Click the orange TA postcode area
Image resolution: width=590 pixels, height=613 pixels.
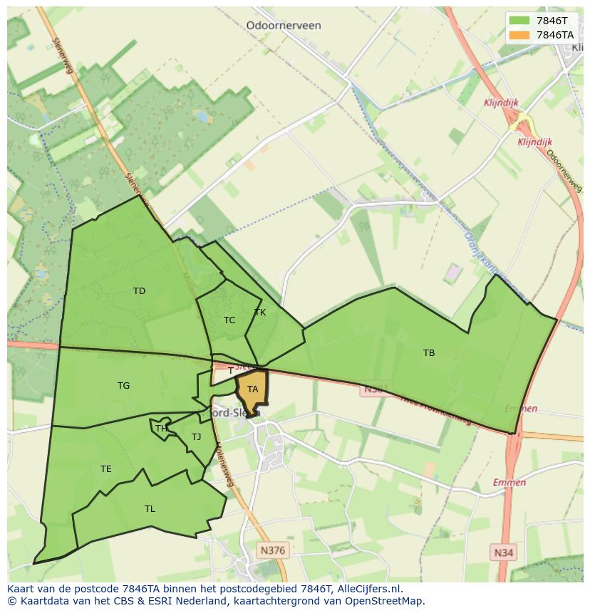(x=253, y=389)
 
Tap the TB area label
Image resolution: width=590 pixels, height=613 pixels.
(x=428, y=353)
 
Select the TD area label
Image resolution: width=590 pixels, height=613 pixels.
(x=139, y=290)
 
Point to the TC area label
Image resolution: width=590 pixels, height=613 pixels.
(x=229, y=320)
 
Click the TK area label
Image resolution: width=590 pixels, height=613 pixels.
(x=259, y=313)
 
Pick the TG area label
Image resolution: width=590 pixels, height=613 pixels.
(x=123, y=386)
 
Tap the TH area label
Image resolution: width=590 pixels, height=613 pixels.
(x=161, y=429)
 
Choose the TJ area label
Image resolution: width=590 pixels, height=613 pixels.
(x=196, y=437)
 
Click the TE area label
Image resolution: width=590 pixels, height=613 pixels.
(x=105, y=469)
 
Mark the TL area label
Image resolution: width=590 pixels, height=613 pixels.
(x=150, y=509)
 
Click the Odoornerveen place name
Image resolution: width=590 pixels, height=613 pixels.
(x=283, y=26)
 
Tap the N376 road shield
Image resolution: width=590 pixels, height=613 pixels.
(x=272, y=550)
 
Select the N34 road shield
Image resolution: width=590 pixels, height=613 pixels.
(x=504, y=552)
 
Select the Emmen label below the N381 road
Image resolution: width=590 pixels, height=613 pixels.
(x=520, y=409)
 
